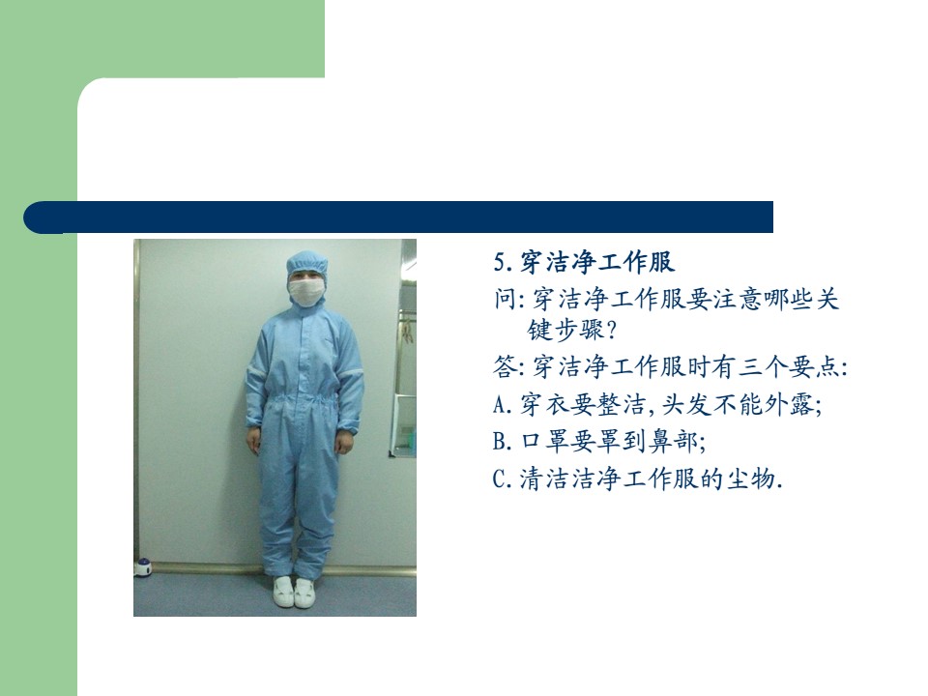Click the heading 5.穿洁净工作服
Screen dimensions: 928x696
(x=584, y=262)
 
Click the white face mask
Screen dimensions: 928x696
(x=306, y=292)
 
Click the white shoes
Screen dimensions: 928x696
(x=294, y=593)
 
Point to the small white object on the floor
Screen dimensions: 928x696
(x=143, y=567)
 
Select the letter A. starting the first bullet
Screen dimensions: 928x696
(x=503, y=405)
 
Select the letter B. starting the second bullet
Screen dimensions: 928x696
(x=503, y=442)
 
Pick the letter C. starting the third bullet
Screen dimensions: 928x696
(x=503, y=478)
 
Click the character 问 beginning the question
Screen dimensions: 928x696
(x=506, y=299)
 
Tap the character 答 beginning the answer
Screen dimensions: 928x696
(x=506, y=367)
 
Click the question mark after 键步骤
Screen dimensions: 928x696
(x=612, y=331)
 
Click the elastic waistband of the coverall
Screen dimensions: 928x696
(x=305, y=400)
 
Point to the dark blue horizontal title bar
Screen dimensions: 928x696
(x=398, y=217)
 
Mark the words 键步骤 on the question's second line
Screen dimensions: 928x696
(x=565, y=331)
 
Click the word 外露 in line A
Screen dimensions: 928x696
(x=790, y=405)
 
